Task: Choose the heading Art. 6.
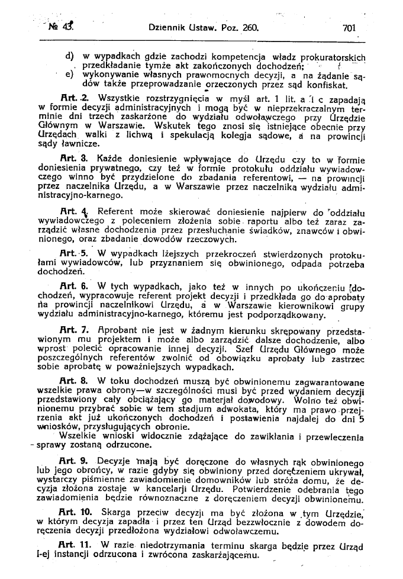click(x=75, y=286)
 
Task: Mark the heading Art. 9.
click(x=75, y=460)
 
